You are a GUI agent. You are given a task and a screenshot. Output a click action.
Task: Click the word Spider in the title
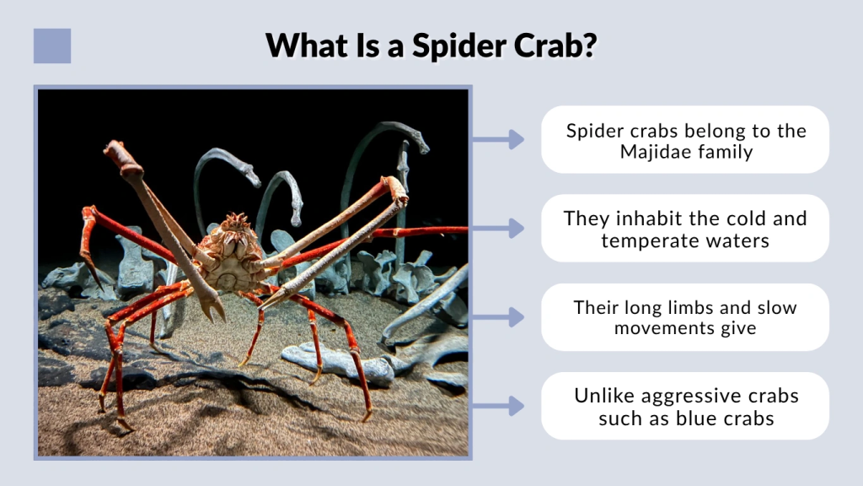click(x=457, y=45)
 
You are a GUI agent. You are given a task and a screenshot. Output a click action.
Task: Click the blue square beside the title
click(x=52, y=46)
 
